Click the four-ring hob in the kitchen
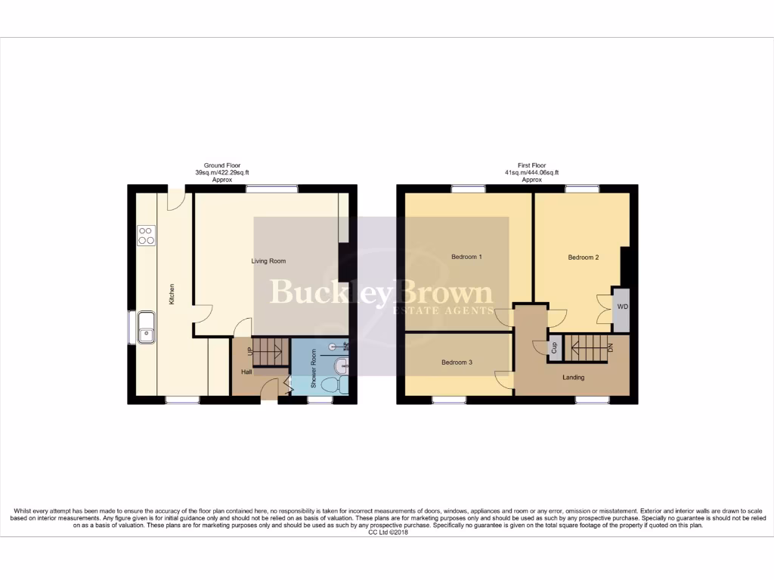147,236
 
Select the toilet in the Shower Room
331,384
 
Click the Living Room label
268,261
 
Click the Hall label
246,372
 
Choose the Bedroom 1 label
466,257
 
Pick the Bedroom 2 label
584,258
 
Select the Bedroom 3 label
457,362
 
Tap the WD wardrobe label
622,307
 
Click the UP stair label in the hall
249,351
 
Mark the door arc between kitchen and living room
200,312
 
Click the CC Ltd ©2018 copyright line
387,532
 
